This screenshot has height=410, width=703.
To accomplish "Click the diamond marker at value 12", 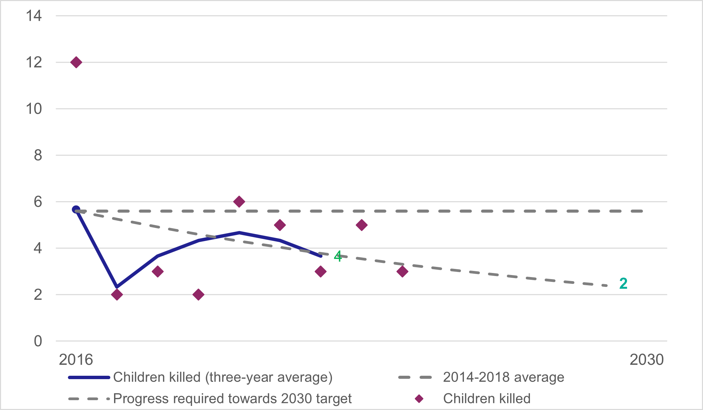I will tap(76, 62).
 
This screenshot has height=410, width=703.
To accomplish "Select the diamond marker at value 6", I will tap(239, 201).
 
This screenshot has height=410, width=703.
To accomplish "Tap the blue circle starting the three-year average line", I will tap(76, 210).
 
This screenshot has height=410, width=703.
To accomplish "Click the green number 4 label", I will tap(338, 256).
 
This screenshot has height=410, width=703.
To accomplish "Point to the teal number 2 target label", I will tap(623, 284).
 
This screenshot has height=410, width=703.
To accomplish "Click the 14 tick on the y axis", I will tap(34, 16).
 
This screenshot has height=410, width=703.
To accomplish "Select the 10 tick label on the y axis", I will tap(34, 109).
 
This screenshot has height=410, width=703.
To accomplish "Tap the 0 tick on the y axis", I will tap(38, 341).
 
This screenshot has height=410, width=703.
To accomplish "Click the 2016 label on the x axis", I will tap(76, 360).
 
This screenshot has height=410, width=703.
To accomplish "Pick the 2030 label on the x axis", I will tap(646, 360).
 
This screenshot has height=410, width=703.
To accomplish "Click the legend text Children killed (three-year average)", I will tap(223, 377).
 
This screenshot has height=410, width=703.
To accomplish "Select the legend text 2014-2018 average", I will tap(503, 377).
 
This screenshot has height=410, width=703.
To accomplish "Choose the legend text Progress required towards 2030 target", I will tap(232, 398).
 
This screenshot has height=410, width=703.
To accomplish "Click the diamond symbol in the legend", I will tap(419, 399).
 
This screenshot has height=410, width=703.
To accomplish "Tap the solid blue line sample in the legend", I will tap(89, 377).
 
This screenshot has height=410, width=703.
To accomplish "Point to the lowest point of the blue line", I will tap(117, 287).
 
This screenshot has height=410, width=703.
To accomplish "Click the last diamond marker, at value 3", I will tap(402, 271).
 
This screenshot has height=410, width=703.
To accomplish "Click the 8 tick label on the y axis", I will tap(38, 155).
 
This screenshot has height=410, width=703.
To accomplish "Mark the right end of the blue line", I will tap(320, 256).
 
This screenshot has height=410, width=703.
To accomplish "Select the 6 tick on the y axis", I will tap(38, 202).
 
